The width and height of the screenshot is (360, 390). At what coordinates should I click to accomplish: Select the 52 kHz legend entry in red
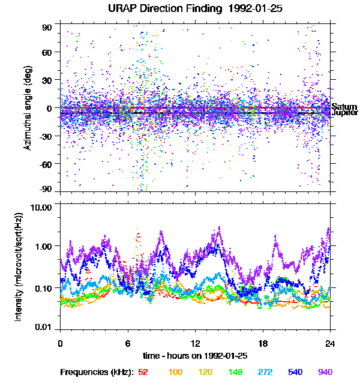tap(143, 373)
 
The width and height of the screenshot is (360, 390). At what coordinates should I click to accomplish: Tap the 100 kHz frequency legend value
tap(175, 373)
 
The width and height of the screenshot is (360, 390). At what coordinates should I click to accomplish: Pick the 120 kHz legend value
tap(206, 373)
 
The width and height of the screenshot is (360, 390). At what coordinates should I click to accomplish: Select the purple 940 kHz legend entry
tap(325, 373)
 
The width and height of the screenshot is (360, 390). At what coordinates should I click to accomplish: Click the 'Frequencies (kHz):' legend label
tap(97, 373)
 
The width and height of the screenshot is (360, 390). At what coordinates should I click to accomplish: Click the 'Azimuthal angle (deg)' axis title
tap(27, 108)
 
